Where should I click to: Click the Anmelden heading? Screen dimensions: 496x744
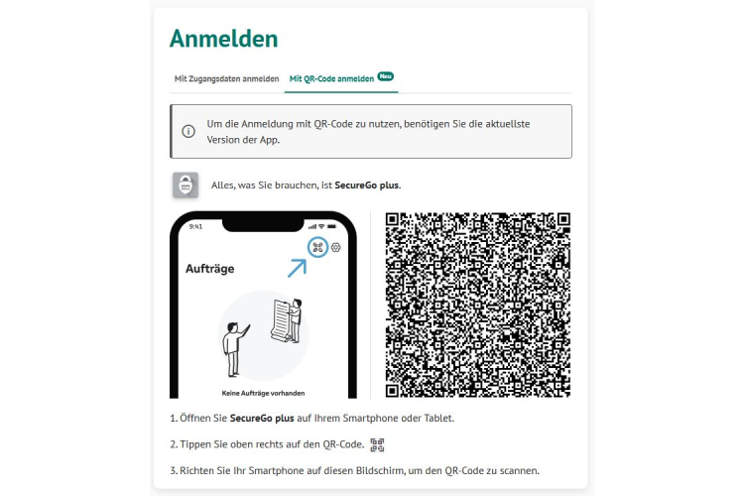(223, 39)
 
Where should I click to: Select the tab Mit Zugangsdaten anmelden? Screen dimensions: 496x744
(226, 78)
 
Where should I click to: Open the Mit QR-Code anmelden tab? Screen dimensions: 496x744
(331, 78)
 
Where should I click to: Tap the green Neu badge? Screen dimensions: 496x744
(386, 75)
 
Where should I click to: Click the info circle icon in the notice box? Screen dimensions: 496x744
(188, 132)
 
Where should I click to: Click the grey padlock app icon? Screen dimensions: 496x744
(186, 185)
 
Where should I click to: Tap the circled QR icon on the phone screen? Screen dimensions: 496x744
(317, 247)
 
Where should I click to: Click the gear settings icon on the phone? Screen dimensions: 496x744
(336, 247)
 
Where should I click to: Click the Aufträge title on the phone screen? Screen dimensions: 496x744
(209, 269)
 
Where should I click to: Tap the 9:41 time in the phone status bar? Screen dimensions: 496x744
(194, 226)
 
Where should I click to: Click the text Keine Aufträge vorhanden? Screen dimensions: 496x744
(263, 392)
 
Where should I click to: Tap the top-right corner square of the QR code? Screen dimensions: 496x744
(562, 219)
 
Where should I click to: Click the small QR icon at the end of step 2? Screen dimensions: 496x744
(377, 444)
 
